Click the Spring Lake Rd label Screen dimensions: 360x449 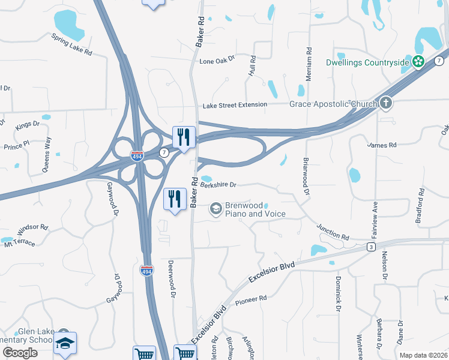71,45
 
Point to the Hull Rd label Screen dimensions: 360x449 253,65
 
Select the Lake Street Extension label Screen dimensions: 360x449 235,104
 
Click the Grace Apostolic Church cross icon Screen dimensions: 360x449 385,103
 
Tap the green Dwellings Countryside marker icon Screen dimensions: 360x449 418,61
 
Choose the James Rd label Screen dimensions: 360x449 382,145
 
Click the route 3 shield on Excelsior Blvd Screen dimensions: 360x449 372,247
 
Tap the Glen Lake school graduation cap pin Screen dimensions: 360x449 64,343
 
